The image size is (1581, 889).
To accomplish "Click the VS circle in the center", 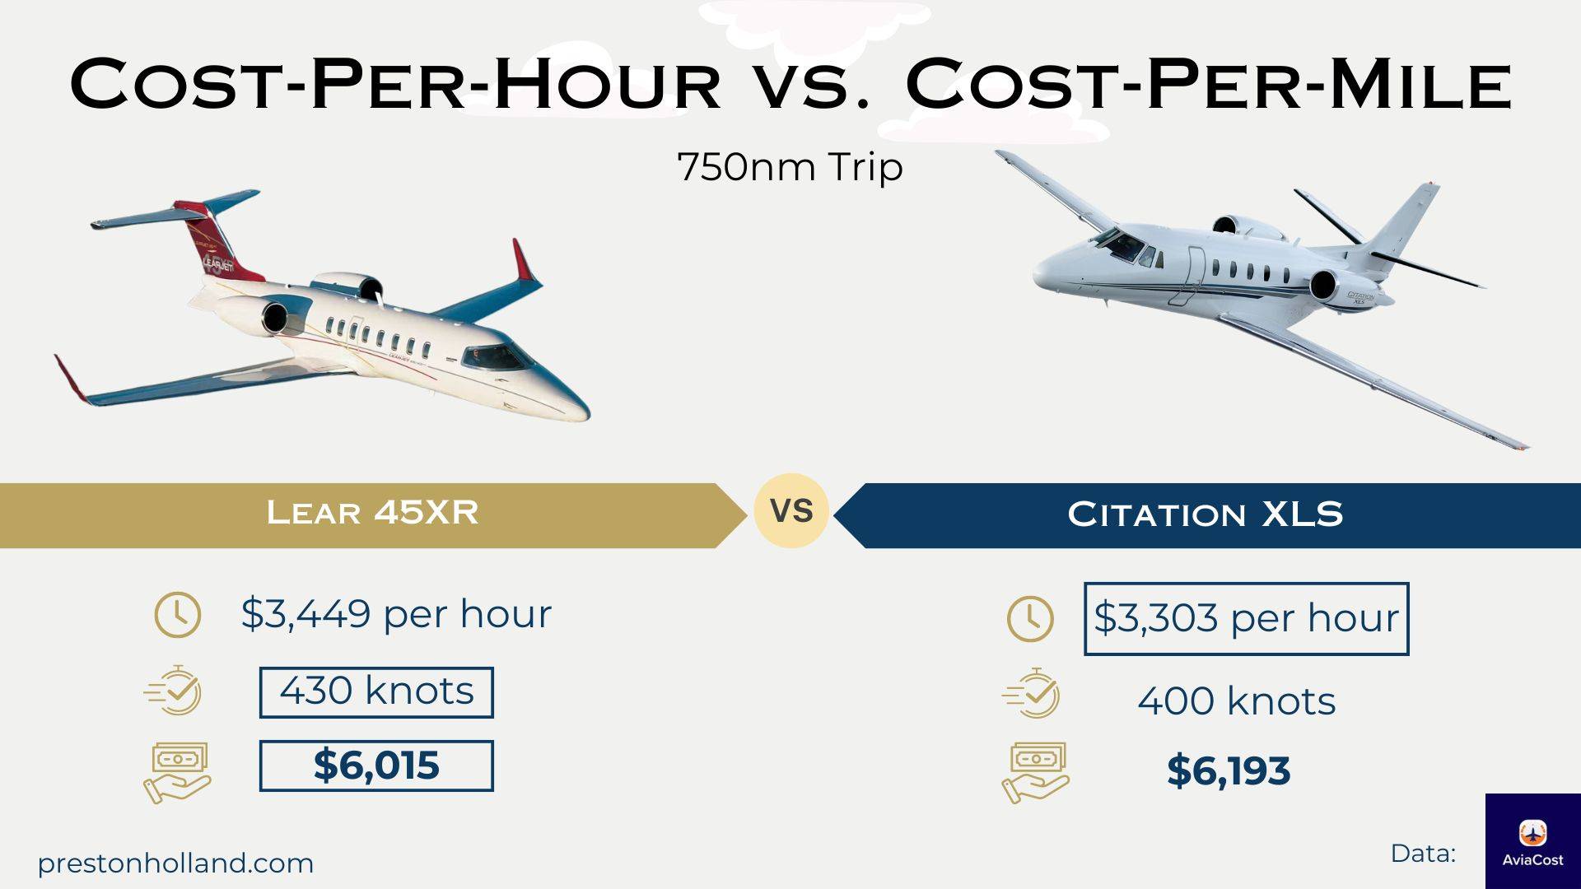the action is (x=790, y=511).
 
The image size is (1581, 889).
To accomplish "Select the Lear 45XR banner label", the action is (x=372, y=513).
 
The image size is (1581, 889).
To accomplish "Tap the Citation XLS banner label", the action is (x=1205, y=514).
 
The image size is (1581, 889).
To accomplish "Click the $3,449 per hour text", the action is (x=396, y=614).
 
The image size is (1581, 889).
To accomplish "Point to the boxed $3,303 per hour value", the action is (x=1246, y=619).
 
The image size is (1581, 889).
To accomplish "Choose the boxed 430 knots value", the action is (x=376, y=692).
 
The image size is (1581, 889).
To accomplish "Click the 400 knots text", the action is (x=1236, y=701).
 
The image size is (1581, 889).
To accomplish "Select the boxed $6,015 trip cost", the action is (x=376, y=766).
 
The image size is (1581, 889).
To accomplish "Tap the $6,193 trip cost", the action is (x=1229, y=770).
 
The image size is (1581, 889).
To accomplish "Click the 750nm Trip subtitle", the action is (x=790, y=167).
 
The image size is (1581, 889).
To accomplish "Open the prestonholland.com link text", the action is (x=175, y=863).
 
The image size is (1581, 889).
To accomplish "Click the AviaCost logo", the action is (x=1533, y=841).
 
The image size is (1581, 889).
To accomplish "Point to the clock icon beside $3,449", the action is (x=177, y=614).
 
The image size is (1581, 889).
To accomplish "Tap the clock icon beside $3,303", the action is (x=1030, y=620).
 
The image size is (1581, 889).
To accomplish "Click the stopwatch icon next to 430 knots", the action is (x=174, y=691).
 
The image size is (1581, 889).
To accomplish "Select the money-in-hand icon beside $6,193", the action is (x=1035, y=772).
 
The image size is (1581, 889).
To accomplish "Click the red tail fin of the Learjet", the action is (x=216, y=240).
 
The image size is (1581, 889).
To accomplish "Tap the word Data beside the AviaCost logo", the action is (x=1423, y=854).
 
